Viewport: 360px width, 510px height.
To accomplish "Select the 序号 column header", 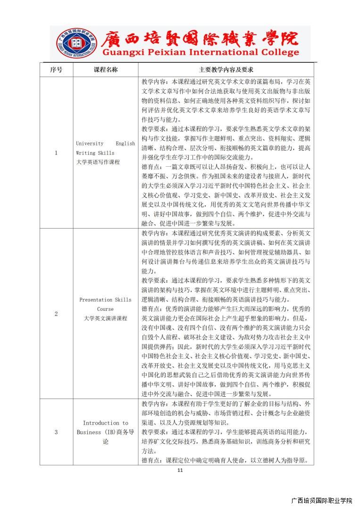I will tap(56, 69).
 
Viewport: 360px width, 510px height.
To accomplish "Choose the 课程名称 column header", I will tap(105, 69).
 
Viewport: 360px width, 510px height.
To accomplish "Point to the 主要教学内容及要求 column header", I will tap(226, 69).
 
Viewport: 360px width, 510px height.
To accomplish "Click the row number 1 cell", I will tap(56, 153).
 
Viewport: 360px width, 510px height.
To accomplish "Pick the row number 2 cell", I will tap(56, 314).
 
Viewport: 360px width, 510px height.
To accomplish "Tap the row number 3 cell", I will tap(56, 432).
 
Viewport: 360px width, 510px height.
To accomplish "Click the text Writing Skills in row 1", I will tap(95, 153).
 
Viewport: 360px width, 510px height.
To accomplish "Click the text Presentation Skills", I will tap(105, 299).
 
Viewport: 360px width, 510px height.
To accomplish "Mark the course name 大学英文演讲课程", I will tap(105, 318).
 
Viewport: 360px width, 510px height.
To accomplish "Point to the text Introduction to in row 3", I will tap(105, 423).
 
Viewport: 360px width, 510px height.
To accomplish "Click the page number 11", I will tap(180, 470).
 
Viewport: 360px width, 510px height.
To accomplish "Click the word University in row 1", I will tap(86, 143).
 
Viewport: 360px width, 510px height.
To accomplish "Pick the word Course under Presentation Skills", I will tap(105, 309).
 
